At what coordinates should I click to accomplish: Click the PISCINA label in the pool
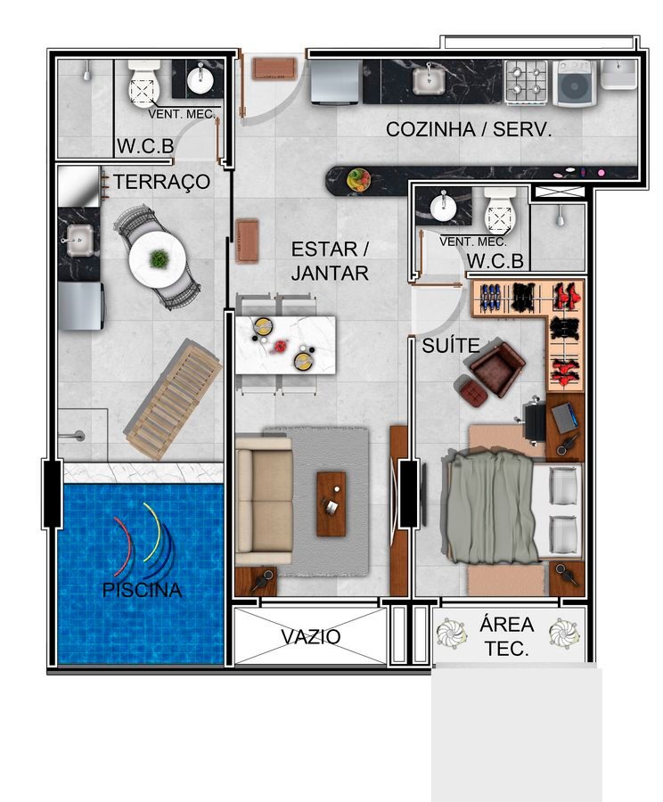click(x=143, y=590)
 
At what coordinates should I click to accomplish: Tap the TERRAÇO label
click(x=161, y=182)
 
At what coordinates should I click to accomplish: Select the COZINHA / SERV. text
click(x=469, y=129)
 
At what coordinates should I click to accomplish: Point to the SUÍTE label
click(x=451, y=346)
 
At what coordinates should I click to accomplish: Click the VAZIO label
click(x=310, y=637)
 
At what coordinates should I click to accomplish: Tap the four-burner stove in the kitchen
click(x=526, y=81)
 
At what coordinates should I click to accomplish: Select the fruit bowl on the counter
click(x=358, y=180)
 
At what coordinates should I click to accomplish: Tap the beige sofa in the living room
click(x=263, y=500)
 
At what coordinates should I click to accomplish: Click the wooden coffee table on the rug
click(x=331, y=503)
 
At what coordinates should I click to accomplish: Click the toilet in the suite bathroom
click(x=500, y=209)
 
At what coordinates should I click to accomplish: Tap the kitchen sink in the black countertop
click(x=429, y=79)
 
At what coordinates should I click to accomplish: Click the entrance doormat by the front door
click(x=274, y=69)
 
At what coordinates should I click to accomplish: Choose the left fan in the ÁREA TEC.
click(x=451, y=634)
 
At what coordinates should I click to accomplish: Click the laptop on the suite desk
click(x=565, y=417)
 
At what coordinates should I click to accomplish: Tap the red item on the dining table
click(x=279, y=347)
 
